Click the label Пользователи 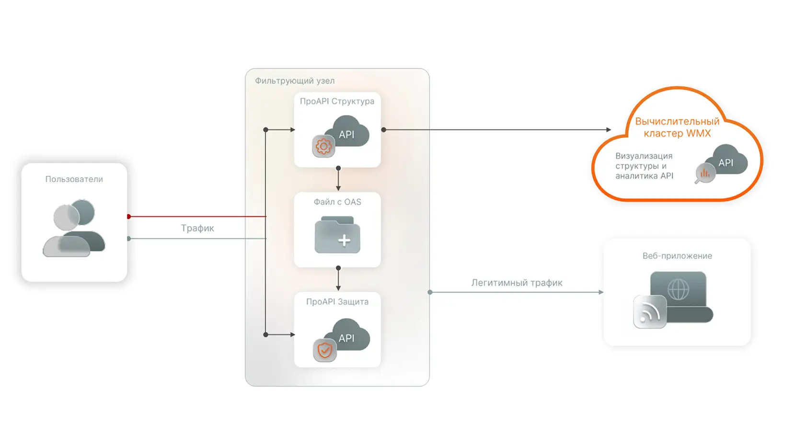tap(74, 179)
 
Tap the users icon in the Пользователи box tap(74, 229)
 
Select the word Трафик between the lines tap(197, 228)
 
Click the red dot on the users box tap(129, 217)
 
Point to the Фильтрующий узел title tap(294, 81)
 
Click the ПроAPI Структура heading tap(337, 101)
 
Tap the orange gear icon tap(323, 146)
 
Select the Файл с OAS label tap(337, 202)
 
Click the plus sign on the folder tap(344, 240)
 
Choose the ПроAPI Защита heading tap(337, 302)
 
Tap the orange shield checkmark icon tap(324, 350)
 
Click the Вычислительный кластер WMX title tap(677, 127)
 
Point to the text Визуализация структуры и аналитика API tap(644, 166)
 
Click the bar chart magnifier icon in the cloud tap(705, 173)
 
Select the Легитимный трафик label tap(517, 283)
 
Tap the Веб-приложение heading tap(677, 256)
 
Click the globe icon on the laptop tap(678, 289)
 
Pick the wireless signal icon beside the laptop tap(649, 312)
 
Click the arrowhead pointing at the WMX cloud tap(608, 130)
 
